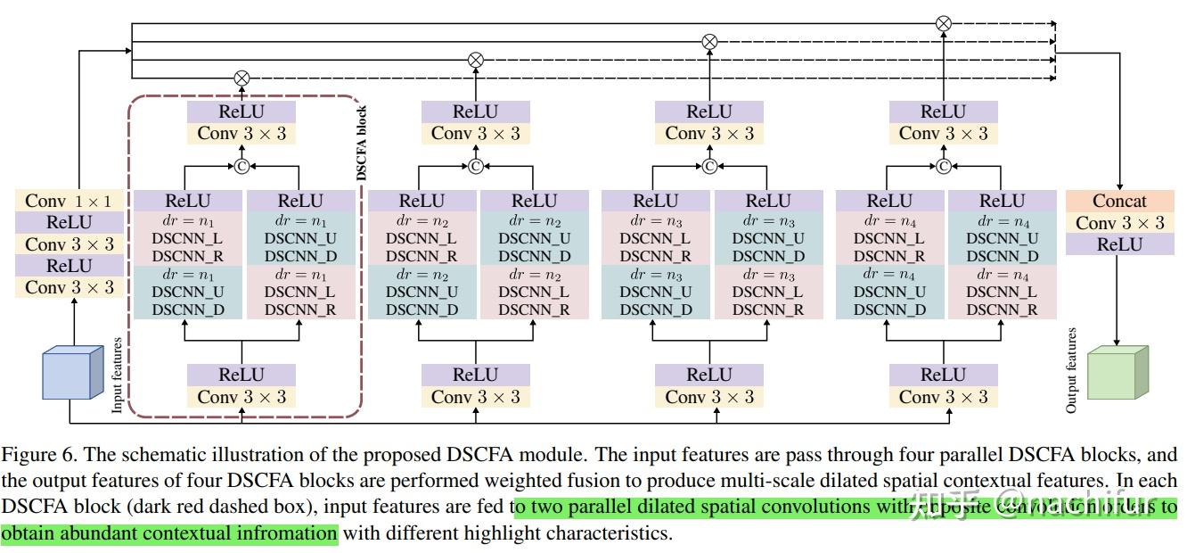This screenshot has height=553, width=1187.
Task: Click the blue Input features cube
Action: point(69,374)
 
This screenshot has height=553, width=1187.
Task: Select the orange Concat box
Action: point(1119,201)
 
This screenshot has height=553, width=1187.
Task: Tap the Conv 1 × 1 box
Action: point(70,201)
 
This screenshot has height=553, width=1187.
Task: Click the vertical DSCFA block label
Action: point(362,144)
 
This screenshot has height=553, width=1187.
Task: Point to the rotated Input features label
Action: point(117,376)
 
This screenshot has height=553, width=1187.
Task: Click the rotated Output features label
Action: point(1071,370)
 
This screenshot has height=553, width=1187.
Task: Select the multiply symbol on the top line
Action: point(944,24)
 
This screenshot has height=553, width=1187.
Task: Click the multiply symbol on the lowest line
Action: point(241,78)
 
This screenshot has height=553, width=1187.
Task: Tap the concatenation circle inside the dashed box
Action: point(241,166)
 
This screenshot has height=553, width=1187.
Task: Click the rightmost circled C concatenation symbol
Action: point(944,166)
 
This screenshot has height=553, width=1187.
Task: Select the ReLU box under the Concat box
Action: point(1119,244)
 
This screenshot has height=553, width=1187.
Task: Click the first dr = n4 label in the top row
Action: point(889,219)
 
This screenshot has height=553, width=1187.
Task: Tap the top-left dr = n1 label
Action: point(187,219)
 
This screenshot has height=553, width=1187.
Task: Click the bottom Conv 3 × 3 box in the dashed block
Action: point(241,397)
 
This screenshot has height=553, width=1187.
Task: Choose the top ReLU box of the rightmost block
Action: point(944,111)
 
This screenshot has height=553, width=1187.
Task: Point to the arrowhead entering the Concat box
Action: point(1119,186)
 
